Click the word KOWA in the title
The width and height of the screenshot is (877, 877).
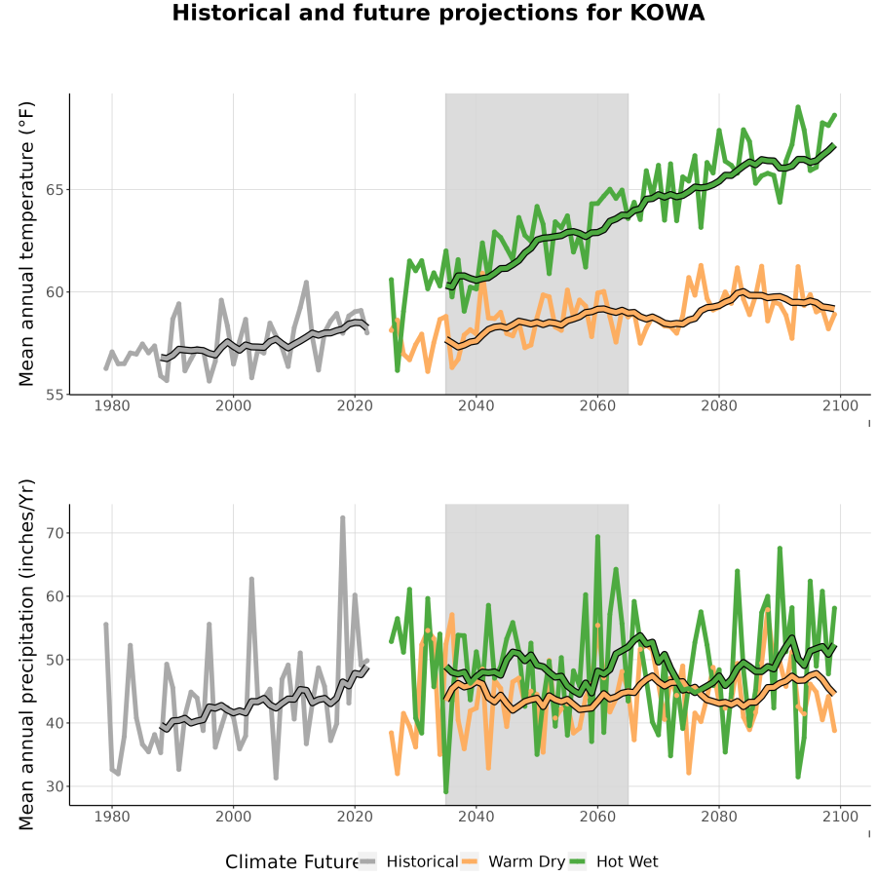click(x=667, y=13)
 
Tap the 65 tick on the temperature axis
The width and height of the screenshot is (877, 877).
click(x=55, y=190)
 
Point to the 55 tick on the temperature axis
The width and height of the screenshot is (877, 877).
click(x=55, y=395)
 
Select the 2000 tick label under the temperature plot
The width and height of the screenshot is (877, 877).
click(x=233, y=405)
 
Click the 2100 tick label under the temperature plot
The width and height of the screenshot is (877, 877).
click(x=840, y=405)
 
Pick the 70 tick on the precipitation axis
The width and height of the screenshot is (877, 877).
click(x=55, y=533)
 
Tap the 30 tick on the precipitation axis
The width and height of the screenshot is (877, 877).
click(x=55, y=786)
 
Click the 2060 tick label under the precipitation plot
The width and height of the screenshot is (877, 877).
click(x=597, y=817)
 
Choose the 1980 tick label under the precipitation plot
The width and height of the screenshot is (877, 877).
click(x=112, y=817)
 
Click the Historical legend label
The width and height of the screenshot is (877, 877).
click(x=422, y=861)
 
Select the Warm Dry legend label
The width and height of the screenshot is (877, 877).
click(x=527, y=862)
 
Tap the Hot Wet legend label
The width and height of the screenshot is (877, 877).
click(x=627, y=861)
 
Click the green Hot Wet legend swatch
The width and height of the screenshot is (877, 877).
click(x=577, y=861)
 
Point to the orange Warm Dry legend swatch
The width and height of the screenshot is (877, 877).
click(x=471, y=861)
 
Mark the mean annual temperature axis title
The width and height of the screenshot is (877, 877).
click(x=26, y=244)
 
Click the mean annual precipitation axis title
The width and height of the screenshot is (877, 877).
click(x=26, y=655)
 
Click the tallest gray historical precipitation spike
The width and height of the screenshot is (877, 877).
click(x=343, y=518)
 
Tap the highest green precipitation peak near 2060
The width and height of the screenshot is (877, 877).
click(x=597, y=536)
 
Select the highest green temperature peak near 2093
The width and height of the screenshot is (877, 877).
click(x=798, y=106)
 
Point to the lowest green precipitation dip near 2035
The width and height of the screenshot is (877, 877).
click(x=445, y=792)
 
